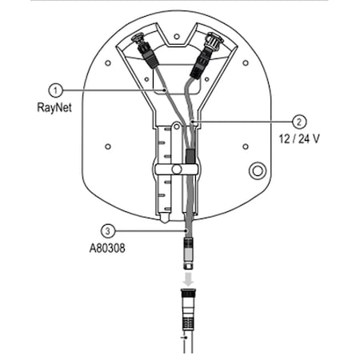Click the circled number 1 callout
point(55,90)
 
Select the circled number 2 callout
point(298,122)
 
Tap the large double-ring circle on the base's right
point(258,171)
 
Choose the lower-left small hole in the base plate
point(106,148)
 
